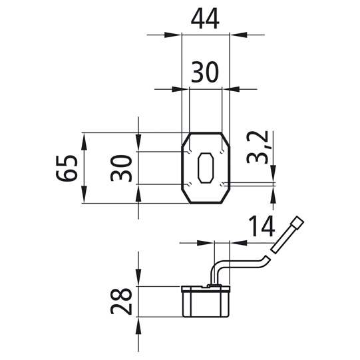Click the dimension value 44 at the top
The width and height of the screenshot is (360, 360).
[x=205, y=19]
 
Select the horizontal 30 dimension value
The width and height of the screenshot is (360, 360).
[x=204, y=72]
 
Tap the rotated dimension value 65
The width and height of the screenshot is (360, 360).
[x=66, y=168]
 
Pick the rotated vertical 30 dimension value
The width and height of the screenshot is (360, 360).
[x=121, y=168]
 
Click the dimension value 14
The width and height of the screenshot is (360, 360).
[x=262, y=226]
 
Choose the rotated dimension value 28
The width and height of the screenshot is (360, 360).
[x=121, y=301]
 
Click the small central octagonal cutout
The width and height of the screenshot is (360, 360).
[x=206, y=168]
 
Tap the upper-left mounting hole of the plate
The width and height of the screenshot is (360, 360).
[x=190, y=152]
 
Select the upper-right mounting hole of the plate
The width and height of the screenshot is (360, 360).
[x=222, y=152]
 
